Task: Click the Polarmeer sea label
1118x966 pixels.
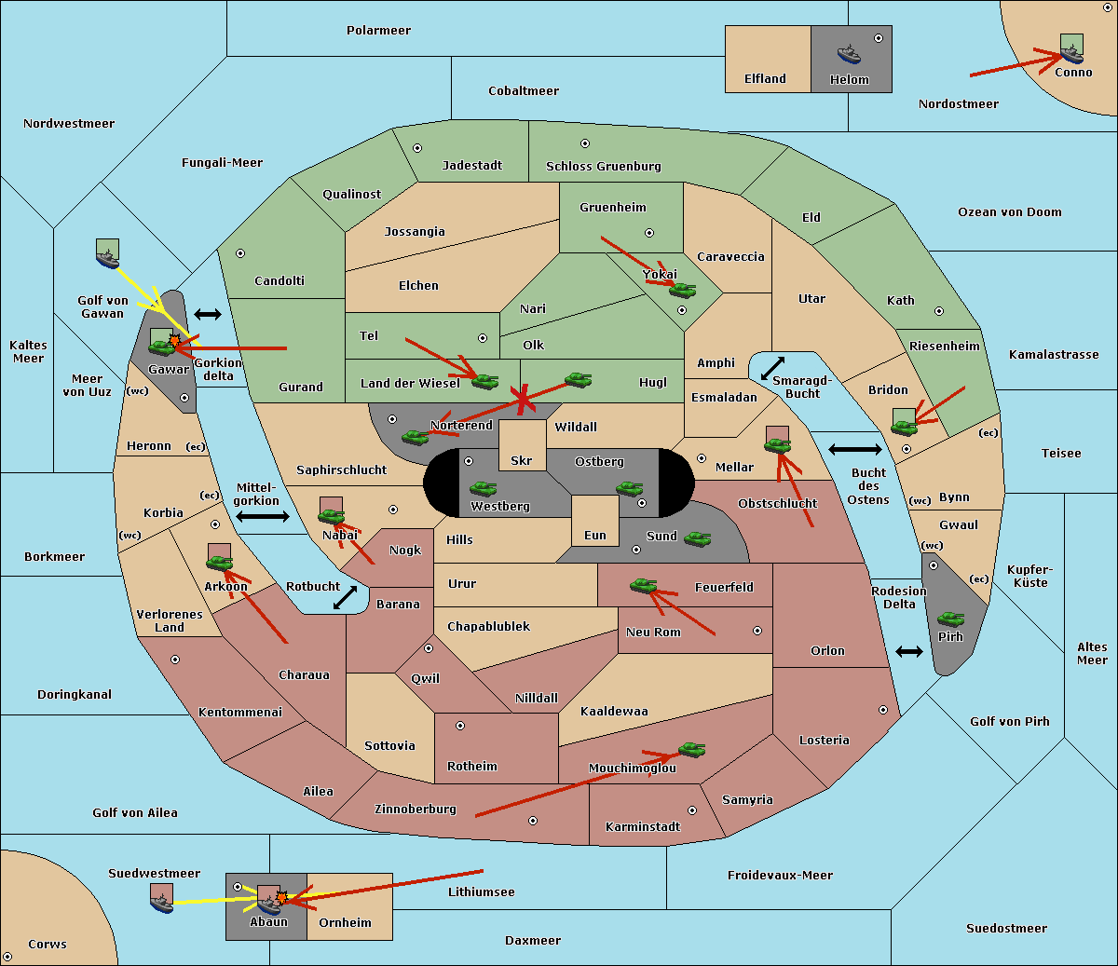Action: coord(378,31)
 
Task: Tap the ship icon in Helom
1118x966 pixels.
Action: coord(849,53)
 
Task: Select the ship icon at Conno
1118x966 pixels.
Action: coord(1071,50)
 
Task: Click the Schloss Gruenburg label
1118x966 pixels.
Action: coord(603,167)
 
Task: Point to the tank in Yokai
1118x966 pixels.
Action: coord(683,290)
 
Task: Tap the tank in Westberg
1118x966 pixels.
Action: coord(483,488)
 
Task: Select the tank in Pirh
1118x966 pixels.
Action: coord(950,619)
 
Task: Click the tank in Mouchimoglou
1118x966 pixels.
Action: coord(691,749)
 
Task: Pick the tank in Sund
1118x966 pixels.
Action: coord(697,538)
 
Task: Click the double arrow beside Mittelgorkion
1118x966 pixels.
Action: coord(262,517)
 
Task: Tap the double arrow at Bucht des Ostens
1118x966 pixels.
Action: coord(854,450)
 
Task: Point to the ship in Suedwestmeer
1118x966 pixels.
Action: coord(162,900)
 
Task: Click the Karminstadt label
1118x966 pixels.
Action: coord(643,827)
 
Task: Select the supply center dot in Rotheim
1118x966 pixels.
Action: coord(460,725)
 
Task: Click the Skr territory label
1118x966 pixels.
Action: coord(522,461)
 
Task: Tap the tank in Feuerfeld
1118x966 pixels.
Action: coord(643,585)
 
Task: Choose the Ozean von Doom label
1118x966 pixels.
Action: coord(1010,212)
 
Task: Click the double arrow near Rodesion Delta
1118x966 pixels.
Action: coord(909,651)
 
